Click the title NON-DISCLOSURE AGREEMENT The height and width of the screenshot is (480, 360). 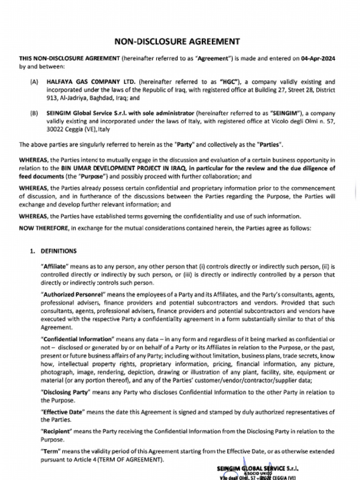coord(177,42)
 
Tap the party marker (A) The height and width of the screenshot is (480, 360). coord(34,82)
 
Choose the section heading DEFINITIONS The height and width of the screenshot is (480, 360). coord(59,251)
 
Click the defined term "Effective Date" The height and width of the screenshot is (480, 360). coord(63,412)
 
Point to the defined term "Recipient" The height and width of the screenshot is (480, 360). coord(56,431)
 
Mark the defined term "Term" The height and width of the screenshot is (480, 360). coord(51,451)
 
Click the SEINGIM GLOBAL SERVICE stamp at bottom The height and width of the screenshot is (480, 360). coord(258,469)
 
